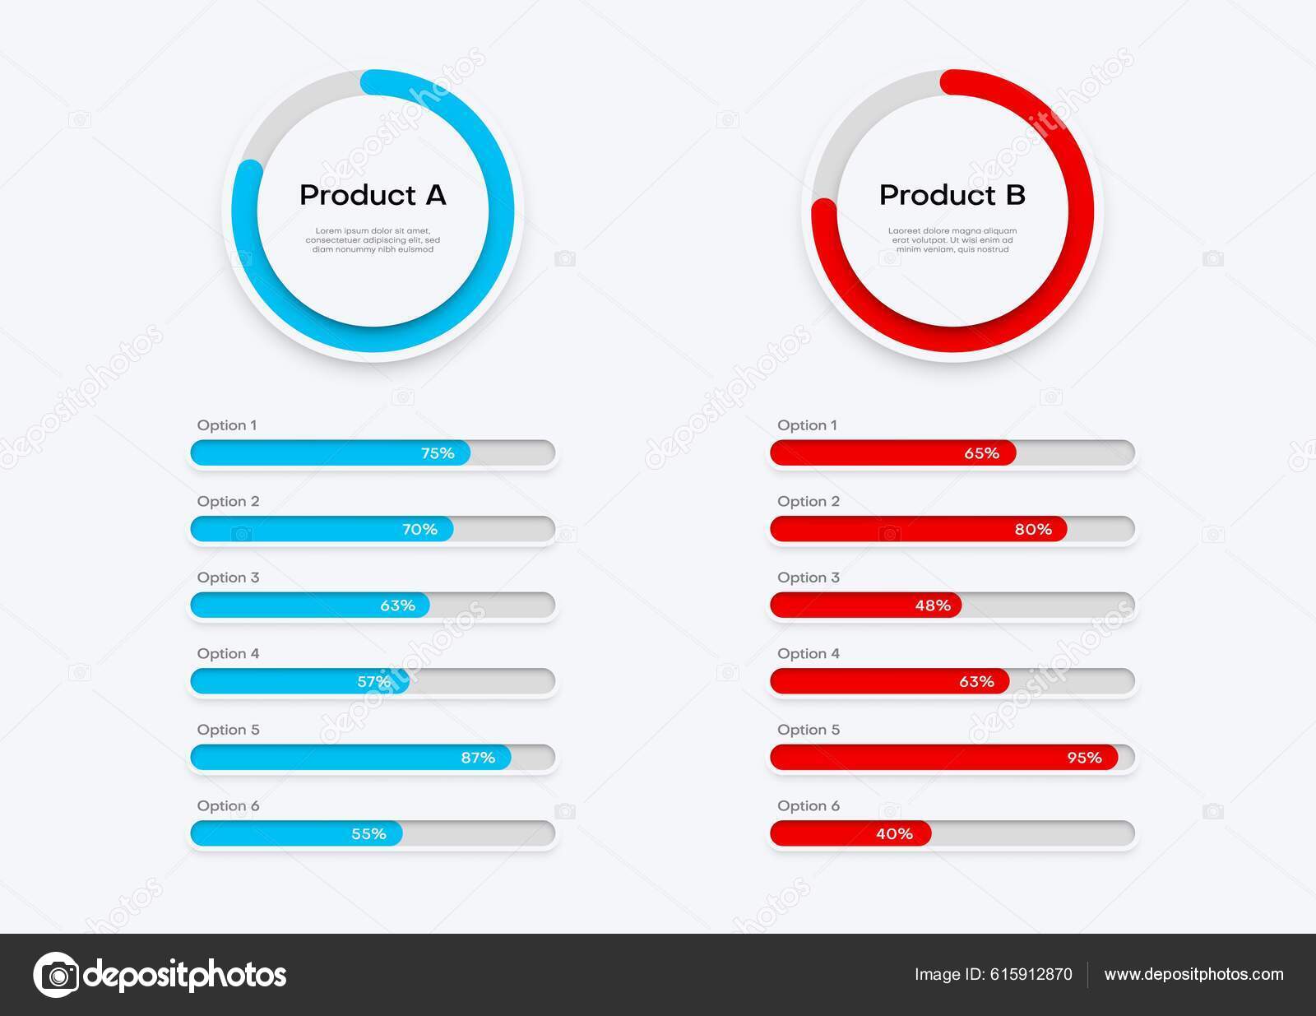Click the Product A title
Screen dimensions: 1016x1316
coord(373,195)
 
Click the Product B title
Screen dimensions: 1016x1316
coord(952,195)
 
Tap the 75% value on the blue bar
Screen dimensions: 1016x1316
coord(438,453)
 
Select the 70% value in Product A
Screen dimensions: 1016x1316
coord(419,529)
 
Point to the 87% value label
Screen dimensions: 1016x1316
coord(478,758)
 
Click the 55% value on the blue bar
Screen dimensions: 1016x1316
coord(368,833)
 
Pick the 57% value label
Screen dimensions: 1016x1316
coord(374,681)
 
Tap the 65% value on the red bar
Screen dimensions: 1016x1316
coord(981,453)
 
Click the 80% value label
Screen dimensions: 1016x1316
coord(1033,529)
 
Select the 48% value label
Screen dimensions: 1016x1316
coord(933,605)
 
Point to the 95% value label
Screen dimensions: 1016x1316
coord(1084,758)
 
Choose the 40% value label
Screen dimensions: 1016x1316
coord(894,833)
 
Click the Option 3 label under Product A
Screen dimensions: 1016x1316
coord(228,578)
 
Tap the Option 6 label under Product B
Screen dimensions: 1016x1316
coord(809,805)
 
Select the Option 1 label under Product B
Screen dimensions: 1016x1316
coord(807,425)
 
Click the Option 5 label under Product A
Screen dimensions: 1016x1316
coord(228,730)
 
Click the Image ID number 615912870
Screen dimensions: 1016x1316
coord(1029,975)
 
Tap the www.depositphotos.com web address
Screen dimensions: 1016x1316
coord(1193,975)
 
